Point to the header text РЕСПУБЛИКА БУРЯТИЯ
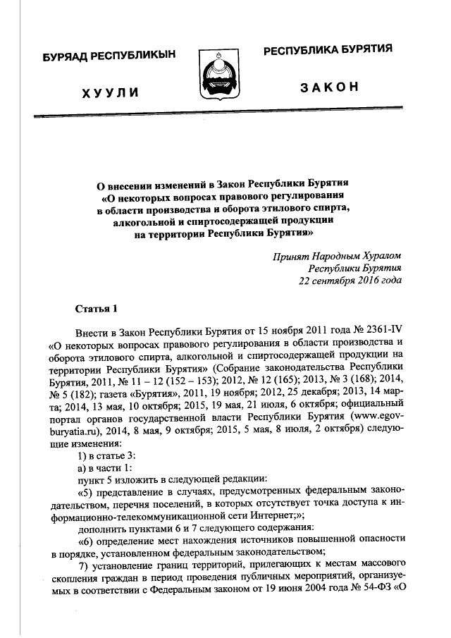tap(328, 51)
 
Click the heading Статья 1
tap(93, 308)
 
